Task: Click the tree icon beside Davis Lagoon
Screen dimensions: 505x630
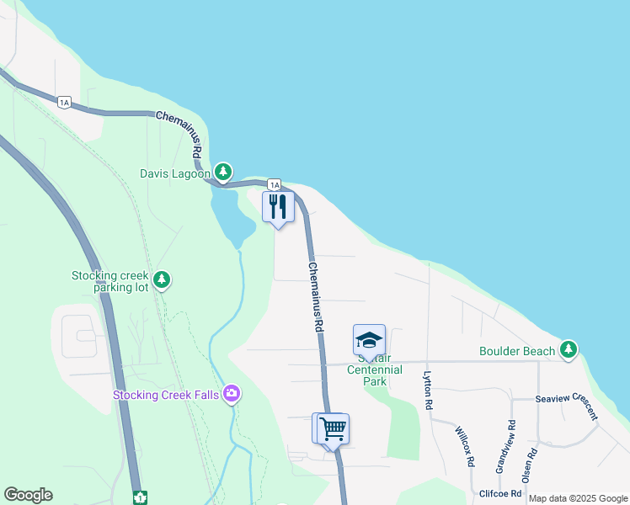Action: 222,173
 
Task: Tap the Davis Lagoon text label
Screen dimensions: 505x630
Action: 174,175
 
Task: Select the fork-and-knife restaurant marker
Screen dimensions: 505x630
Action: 278,207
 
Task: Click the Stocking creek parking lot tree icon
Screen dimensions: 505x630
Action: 163,279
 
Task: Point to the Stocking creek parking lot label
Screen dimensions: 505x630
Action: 110,281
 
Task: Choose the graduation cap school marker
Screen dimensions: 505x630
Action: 369,340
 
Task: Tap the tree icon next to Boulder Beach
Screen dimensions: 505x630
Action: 569,349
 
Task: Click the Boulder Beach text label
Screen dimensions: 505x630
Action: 517,351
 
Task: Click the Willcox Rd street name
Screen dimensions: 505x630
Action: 463,446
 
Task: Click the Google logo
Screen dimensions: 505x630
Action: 28,495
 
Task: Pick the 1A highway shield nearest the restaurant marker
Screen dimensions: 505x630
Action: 274,184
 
